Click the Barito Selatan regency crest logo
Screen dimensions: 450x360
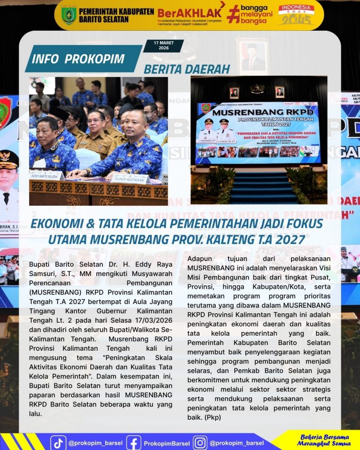(69, 15)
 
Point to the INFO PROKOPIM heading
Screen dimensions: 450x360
(79, 58)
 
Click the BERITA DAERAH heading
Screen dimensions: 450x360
(187, 69)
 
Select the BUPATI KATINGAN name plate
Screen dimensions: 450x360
(130, 179)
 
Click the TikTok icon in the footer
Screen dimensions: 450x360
(58, 443)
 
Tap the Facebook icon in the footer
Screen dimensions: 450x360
(134, 443)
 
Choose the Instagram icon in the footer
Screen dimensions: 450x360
(200, 443)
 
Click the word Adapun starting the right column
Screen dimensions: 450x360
(201, 259)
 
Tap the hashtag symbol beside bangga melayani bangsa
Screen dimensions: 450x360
(233, 14)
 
